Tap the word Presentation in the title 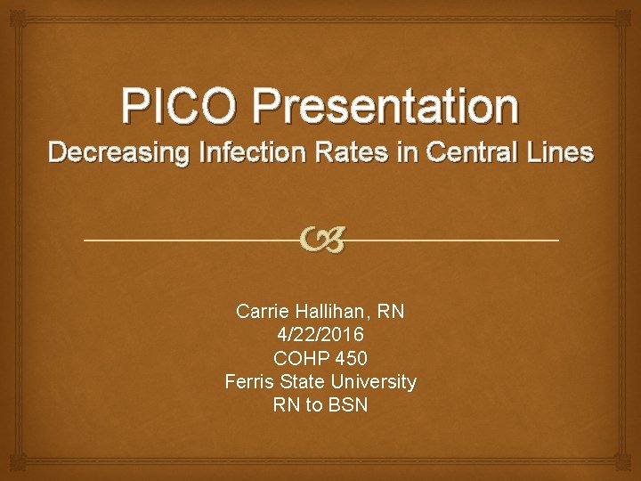(x=385, y=107)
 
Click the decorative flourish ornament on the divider (x=320, y=239)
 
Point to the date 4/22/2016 (x=320, y=335)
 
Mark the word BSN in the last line (x=348, y=404)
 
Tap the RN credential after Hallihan (x=391, y=312)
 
